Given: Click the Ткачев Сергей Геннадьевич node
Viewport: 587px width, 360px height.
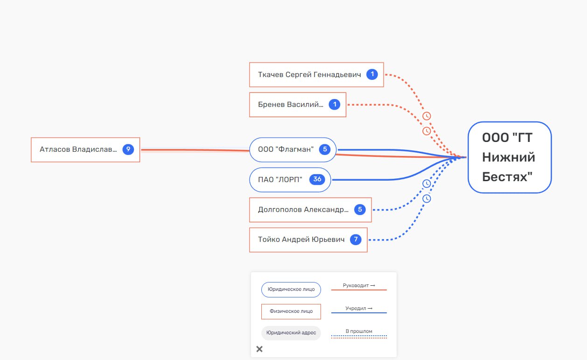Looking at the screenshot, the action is tap(316, 75).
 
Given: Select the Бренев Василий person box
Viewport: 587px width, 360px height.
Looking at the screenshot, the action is tap(298, 105).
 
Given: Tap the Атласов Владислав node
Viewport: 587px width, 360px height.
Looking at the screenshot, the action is tap(85, 150).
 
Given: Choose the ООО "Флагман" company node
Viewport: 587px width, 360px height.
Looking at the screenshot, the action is tap(293, 150).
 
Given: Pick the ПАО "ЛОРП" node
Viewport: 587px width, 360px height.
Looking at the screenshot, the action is tap(290, 180).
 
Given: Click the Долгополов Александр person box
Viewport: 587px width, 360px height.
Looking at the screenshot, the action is tap(310, 210).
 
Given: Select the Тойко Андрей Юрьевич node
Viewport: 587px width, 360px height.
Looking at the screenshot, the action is tap(308, 240).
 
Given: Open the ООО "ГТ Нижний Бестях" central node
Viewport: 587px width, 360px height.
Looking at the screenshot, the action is tap(510, 157).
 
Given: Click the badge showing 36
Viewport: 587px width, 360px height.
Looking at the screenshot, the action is tap(317, 179).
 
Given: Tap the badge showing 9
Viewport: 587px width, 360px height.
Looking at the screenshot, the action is tap(128, 149).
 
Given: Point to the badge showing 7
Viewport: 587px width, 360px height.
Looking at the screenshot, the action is tap(356, 240).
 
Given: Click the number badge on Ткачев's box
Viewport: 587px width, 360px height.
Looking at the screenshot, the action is tap(372, 74).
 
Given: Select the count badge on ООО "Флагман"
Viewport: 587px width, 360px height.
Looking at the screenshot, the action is tap(325, 149).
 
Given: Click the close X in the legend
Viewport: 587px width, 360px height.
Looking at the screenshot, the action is tap(259, 349).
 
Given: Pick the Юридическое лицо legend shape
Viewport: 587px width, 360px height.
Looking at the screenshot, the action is tap(291, 289).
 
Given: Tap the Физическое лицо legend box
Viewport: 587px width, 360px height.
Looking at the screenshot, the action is tap(291, 311).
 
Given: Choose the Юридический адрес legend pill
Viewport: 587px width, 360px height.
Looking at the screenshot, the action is tap(291, 333).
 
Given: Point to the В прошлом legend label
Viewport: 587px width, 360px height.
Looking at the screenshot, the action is tap(359, 331).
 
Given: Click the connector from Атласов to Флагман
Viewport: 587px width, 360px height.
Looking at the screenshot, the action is tap(195, 150).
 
